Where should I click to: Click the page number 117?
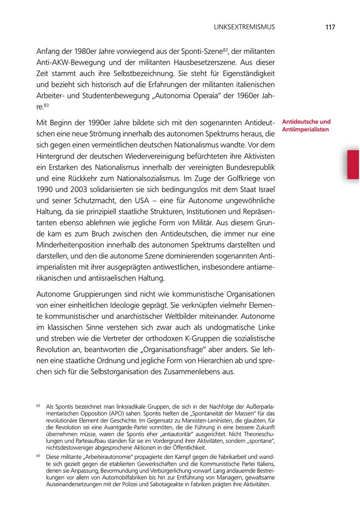coord(330,27)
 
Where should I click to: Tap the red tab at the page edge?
coord(353,164)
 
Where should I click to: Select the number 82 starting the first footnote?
coord(38,405)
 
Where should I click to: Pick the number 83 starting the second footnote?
coord(38,456)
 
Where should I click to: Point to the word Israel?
coord(264,188)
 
